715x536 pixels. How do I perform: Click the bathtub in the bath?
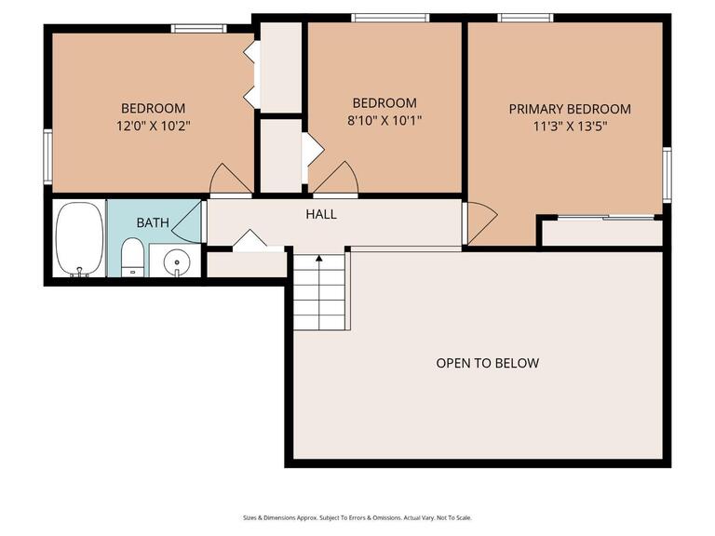78,238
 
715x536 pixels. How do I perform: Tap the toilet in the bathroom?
133,256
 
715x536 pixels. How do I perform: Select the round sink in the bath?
176,261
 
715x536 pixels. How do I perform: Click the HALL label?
321,215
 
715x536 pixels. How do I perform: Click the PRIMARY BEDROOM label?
570,109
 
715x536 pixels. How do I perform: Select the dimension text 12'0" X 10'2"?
153,125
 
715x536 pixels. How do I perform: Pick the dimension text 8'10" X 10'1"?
384,119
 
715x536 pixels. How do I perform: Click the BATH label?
153,223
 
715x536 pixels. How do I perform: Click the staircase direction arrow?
319,260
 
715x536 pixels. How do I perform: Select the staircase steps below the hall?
320,293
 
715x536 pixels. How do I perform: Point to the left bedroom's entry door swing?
230,180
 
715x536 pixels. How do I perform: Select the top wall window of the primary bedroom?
525,18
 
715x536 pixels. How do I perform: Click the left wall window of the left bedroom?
47,155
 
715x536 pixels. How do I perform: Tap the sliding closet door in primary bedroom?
602,218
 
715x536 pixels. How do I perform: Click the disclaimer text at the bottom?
357,517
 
